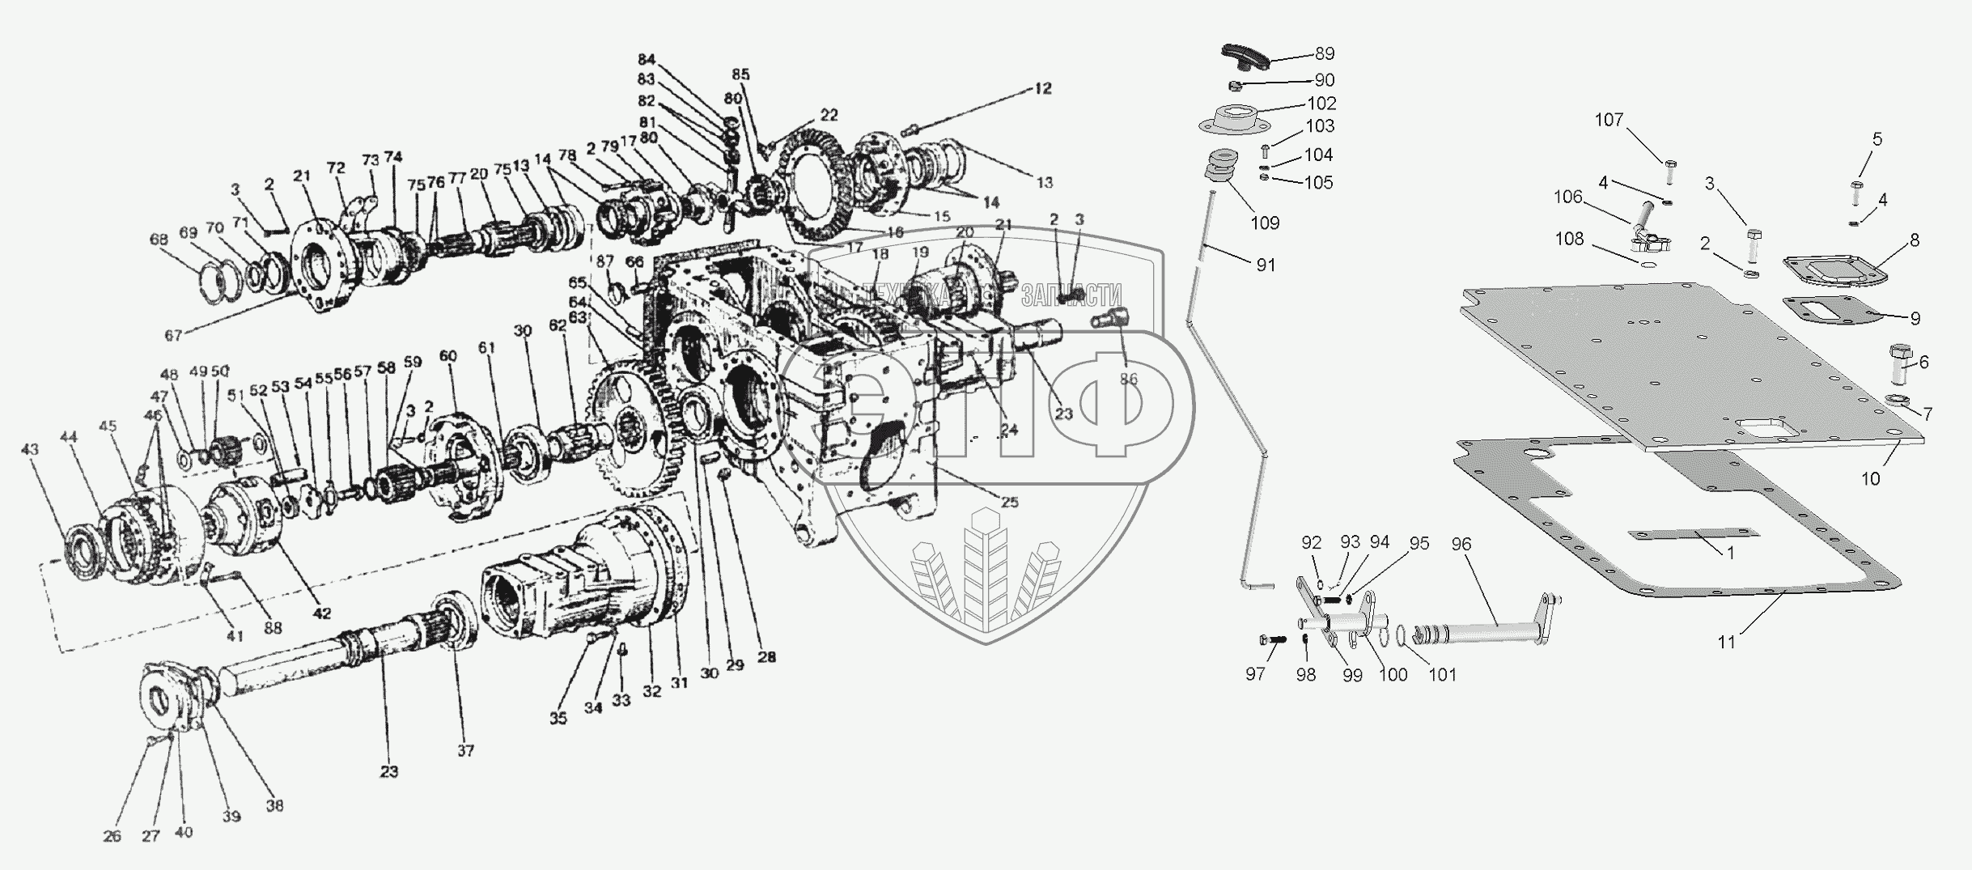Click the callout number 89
pyautogui.click(x=1325, y=54)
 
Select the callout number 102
pyautogui.click(x=1321, y=104)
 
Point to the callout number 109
pyautogui.click(x=1265, y=223)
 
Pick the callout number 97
pyautogui.click(x=1255, y=673)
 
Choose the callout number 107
pyautogui.click(x=1609, y=120)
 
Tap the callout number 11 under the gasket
pyautogui.click(x=1727, y=642)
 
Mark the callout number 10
pyautogui.click(x=1870, y=478)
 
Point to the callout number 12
pyautogui.click(x=1042, y=89)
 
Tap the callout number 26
pyautogui.click(x=112, y=836)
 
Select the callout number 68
pyautogui.click(x=159, y=240)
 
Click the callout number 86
pyautogui.click(x=1128, y=379)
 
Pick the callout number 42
pyautogui.click(x=321, y=613)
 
